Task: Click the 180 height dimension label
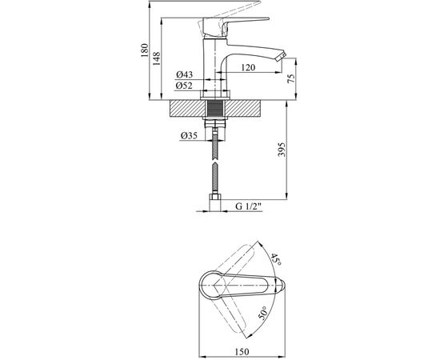click(144, 50)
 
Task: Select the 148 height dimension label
click(157, 58)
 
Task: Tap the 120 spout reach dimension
click(248, 67)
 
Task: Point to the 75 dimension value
click(292, 78)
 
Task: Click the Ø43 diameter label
click(184, 74)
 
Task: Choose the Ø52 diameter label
click(184, 86)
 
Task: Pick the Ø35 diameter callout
click(189, 136)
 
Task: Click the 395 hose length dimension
click(282, 150)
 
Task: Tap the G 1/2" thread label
click(248, 206)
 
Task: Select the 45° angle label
click(276, 260)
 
